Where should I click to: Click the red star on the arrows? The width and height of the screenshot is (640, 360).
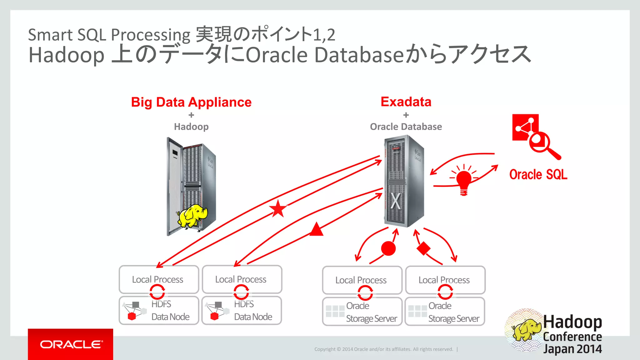pyautogui.click(x=278, y=209)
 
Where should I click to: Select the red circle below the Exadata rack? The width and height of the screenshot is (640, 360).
pyautogui.click(x=388, y=248)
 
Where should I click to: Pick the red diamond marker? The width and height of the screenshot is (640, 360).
pyautogui.click(x=424, y=248)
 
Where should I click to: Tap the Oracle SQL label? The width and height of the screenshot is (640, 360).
pyautogui.click(x=538, y=174)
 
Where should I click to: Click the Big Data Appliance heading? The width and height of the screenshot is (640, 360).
pyautogui.click(x=191, y=102)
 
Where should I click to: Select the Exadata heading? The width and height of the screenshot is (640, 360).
pyautogui.click(x=406, y=102)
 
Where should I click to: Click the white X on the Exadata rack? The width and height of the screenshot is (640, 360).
pyautogui.click(x=396, y=202)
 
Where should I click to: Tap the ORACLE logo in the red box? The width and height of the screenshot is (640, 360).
pyautogui.click(x=71, y=344)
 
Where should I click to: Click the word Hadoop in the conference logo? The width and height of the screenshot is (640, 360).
pyautogui.click(x=572, y=322)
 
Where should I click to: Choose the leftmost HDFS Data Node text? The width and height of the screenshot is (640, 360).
pyautogui.click(x=170, y=311)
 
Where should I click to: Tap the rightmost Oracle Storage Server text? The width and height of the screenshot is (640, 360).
pyautogui.click(x=453, y=312)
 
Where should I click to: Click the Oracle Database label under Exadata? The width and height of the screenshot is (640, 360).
pyautogui.click(x=406, y=127)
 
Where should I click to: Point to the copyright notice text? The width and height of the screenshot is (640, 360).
pyautogui.click(x=383, y=349)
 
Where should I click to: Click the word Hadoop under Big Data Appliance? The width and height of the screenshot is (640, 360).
pyautogui.click(x=191, y=127)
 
